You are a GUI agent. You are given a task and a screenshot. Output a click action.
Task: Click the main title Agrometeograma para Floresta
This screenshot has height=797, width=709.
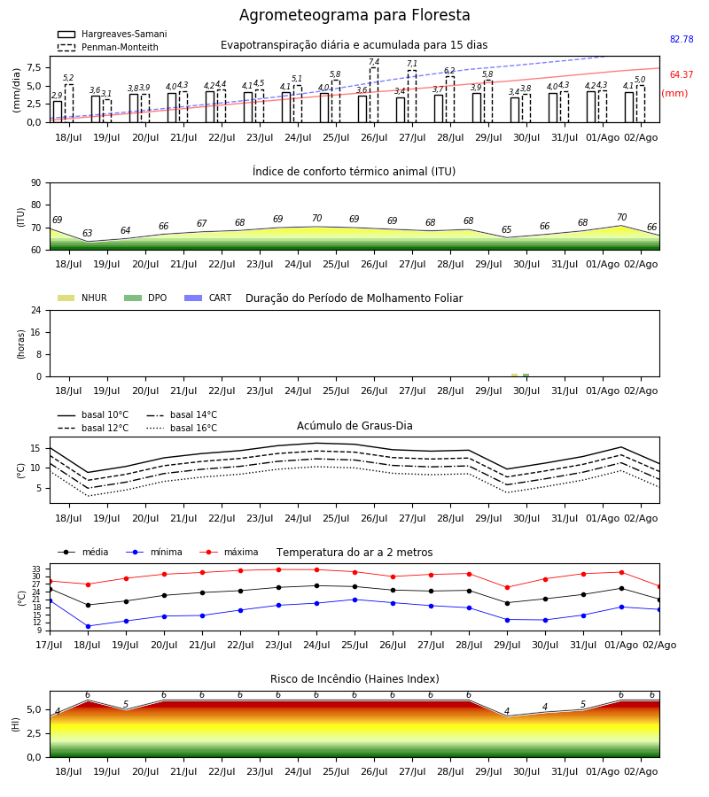(x=354, y=15)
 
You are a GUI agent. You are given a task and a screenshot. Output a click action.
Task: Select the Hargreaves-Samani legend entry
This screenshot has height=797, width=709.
(x=112, y=34)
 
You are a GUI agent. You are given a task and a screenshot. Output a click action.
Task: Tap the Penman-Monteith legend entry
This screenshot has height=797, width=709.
(x=108, y=47)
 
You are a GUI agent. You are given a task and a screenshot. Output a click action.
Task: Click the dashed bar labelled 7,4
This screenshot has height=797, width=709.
(x=374, y=95)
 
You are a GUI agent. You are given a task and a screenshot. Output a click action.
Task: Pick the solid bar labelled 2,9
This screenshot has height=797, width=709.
(x=58, y=112)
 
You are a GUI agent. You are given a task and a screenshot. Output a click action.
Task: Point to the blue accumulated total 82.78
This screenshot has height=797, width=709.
(x=682, y=39)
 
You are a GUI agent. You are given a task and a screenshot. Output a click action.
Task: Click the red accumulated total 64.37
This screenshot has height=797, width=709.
(x=682, y=74)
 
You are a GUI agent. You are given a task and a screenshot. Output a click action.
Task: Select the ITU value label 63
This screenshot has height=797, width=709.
(x=88, y=233)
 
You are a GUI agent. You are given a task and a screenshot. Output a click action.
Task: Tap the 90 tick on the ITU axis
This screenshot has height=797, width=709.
(x=36, y=183)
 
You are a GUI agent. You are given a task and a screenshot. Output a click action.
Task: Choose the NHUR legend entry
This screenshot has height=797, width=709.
(x=82, y=298)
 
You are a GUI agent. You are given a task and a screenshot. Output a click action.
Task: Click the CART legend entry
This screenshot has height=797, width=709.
(x=208, y=298)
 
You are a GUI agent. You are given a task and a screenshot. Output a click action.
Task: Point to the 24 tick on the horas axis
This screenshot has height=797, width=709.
(x=36, y=310)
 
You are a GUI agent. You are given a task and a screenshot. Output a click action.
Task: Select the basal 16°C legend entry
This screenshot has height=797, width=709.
(x=182, y=428)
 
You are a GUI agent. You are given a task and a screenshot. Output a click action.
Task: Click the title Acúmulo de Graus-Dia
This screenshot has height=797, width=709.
(x=354, y=426)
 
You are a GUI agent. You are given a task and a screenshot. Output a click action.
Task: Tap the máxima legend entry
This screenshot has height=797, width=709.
(x=229, y=552)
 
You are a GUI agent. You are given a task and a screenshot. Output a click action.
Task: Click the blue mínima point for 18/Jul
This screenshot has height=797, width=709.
(x=88, y=626)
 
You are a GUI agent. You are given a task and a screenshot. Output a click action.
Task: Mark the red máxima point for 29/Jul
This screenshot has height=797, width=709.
(x=507, y=588)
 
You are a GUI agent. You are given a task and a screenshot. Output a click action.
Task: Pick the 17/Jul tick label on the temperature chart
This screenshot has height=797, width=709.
(x=50, y=645)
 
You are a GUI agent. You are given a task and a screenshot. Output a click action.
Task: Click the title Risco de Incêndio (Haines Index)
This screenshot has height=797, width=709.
(x=354, y=679)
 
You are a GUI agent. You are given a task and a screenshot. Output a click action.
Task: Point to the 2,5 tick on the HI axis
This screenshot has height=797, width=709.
(x=33, y=733)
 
